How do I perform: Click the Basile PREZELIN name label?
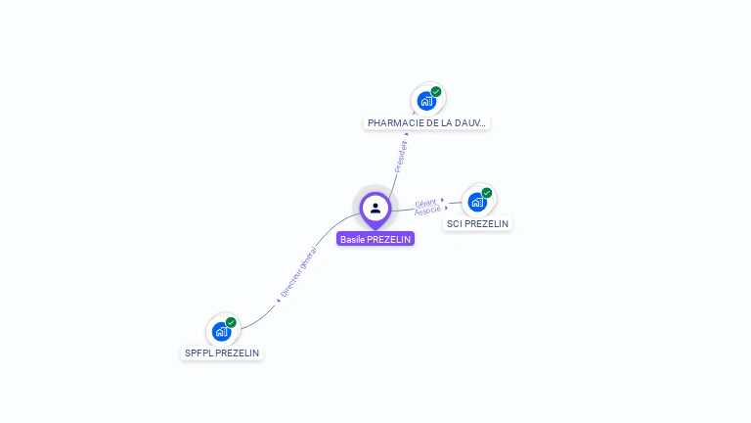point(375,239)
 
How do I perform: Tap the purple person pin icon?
point(375,208)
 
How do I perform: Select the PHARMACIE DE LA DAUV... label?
point(426,123)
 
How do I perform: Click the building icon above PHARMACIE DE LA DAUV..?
point(426,101)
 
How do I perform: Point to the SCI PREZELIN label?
point(477,224)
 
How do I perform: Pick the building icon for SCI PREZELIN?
point(477,202)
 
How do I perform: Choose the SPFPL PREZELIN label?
point(223,353)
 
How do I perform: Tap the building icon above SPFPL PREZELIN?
point(221,331)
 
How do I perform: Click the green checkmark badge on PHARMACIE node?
point(436,92)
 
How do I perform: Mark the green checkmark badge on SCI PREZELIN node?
point(487,193)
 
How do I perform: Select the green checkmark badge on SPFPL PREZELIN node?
point(231,322)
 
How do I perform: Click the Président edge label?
point(401,156)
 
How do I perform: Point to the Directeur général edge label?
point(298,271)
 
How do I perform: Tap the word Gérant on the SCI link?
point(425,204)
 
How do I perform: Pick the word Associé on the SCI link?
point(426,211)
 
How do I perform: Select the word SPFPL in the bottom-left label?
point(199,353)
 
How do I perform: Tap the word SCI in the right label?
point(454,224)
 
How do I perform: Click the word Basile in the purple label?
point(352,239)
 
